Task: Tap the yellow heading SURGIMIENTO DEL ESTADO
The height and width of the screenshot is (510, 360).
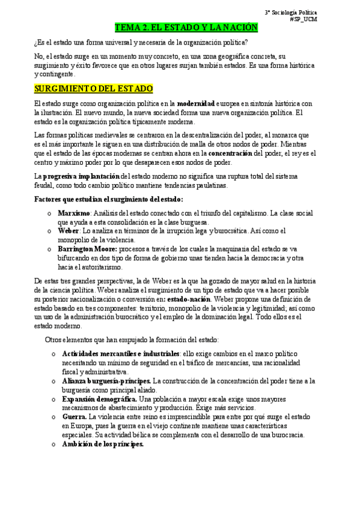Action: point(94,89)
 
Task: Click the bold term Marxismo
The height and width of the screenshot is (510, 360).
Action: point(74,213)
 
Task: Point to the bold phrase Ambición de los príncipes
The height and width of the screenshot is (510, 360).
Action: point(103,444)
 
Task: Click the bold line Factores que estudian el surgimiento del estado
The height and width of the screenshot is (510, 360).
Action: point(109,199)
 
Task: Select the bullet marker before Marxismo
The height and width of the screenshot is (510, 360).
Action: point(49,214)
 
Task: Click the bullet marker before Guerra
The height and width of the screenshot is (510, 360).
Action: point(54,417)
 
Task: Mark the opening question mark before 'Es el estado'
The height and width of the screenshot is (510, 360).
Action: point(36,41)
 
